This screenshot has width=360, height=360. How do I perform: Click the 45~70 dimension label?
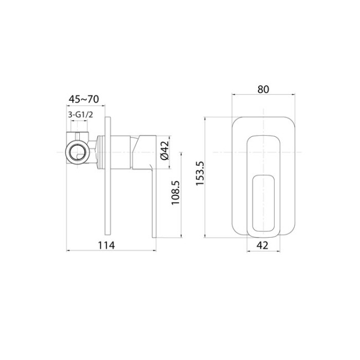83,100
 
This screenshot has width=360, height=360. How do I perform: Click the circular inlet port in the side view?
76,151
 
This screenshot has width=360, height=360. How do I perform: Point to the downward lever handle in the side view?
150,199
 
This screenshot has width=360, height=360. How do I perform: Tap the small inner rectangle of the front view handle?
263,202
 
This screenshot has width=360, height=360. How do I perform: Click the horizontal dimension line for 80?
263,96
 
